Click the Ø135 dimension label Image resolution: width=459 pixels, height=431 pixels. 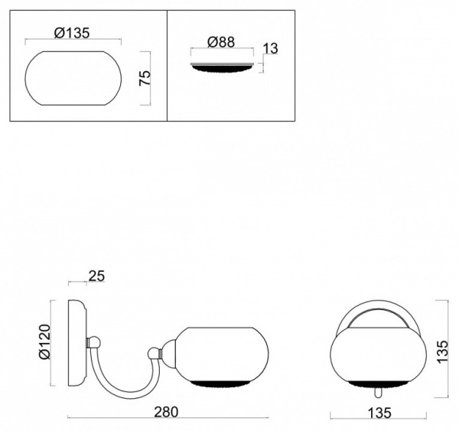[x=72, y=33]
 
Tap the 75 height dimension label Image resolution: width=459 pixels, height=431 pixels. [x=145, y=77]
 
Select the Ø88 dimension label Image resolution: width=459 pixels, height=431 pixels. [x=221, y=42]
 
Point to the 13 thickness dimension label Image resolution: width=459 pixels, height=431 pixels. [x=270, y=48]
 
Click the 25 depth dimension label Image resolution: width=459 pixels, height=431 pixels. [x=96, y=276]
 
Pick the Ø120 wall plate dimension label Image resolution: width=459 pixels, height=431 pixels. [x=44, y=341]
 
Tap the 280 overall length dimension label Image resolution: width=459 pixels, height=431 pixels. [x=166, y=412]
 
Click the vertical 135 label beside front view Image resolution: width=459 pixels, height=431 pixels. [x=442, y=351]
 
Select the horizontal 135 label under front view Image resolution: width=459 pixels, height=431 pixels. [x=379, y=413]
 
